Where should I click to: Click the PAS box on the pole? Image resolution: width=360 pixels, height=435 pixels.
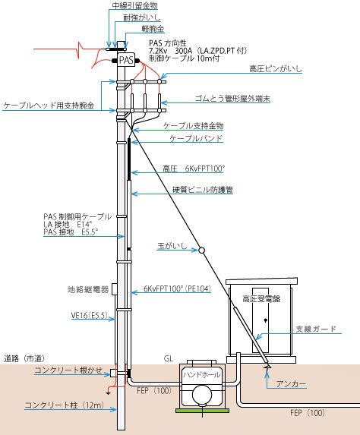pos(127,59)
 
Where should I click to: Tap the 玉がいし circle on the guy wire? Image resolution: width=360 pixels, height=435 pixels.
pos(202,251)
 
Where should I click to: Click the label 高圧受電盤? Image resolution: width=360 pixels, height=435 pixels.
pos(261,299)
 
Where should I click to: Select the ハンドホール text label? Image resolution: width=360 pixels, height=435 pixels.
pos(202,375)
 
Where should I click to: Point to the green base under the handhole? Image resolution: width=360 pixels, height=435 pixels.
pos(202,410)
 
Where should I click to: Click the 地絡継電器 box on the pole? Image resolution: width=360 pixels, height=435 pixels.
pos(114,289)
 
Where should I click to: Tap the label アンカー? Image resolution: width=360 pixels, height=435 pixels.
pos(291,384)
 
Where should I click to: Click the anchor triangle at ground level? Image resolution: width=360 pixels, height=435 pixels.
pos(267,366)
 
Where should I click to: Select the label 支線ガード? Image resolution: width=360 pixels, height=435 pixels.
pos(316,329)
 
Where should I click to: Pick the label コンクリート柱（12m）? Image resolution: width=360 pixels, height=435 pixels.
pos(65,405)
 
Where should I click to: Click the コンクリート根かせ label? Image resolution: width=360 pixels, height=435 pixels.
pos(68,370)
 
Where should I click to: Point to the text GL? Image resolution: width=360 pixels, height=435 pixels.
pos(169,359)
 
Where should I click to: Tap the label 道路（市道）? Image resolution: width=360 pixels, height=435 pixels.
pos(24,358)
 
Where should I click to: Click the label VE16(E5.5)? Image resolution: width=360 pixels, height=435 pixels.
pos(90,315)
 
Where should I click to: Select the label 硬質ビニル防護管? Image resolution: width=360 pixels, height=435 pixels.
pos(203,190)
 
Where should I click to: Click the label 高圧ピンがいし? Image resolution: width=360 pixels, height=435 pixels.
pos(276,68)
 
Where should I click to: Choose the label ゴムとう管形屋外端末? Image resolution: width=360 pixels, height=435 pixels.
pos(232,99)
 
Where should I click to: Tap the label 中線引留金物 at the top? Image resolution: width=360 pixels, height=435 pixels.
pos(135,5)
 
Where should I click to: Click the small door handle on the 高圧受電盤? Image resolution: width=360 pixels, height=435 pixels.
pos(265,320)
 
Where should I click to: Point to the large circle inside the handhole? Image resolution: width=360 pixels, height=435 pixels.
pos(202,395)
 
